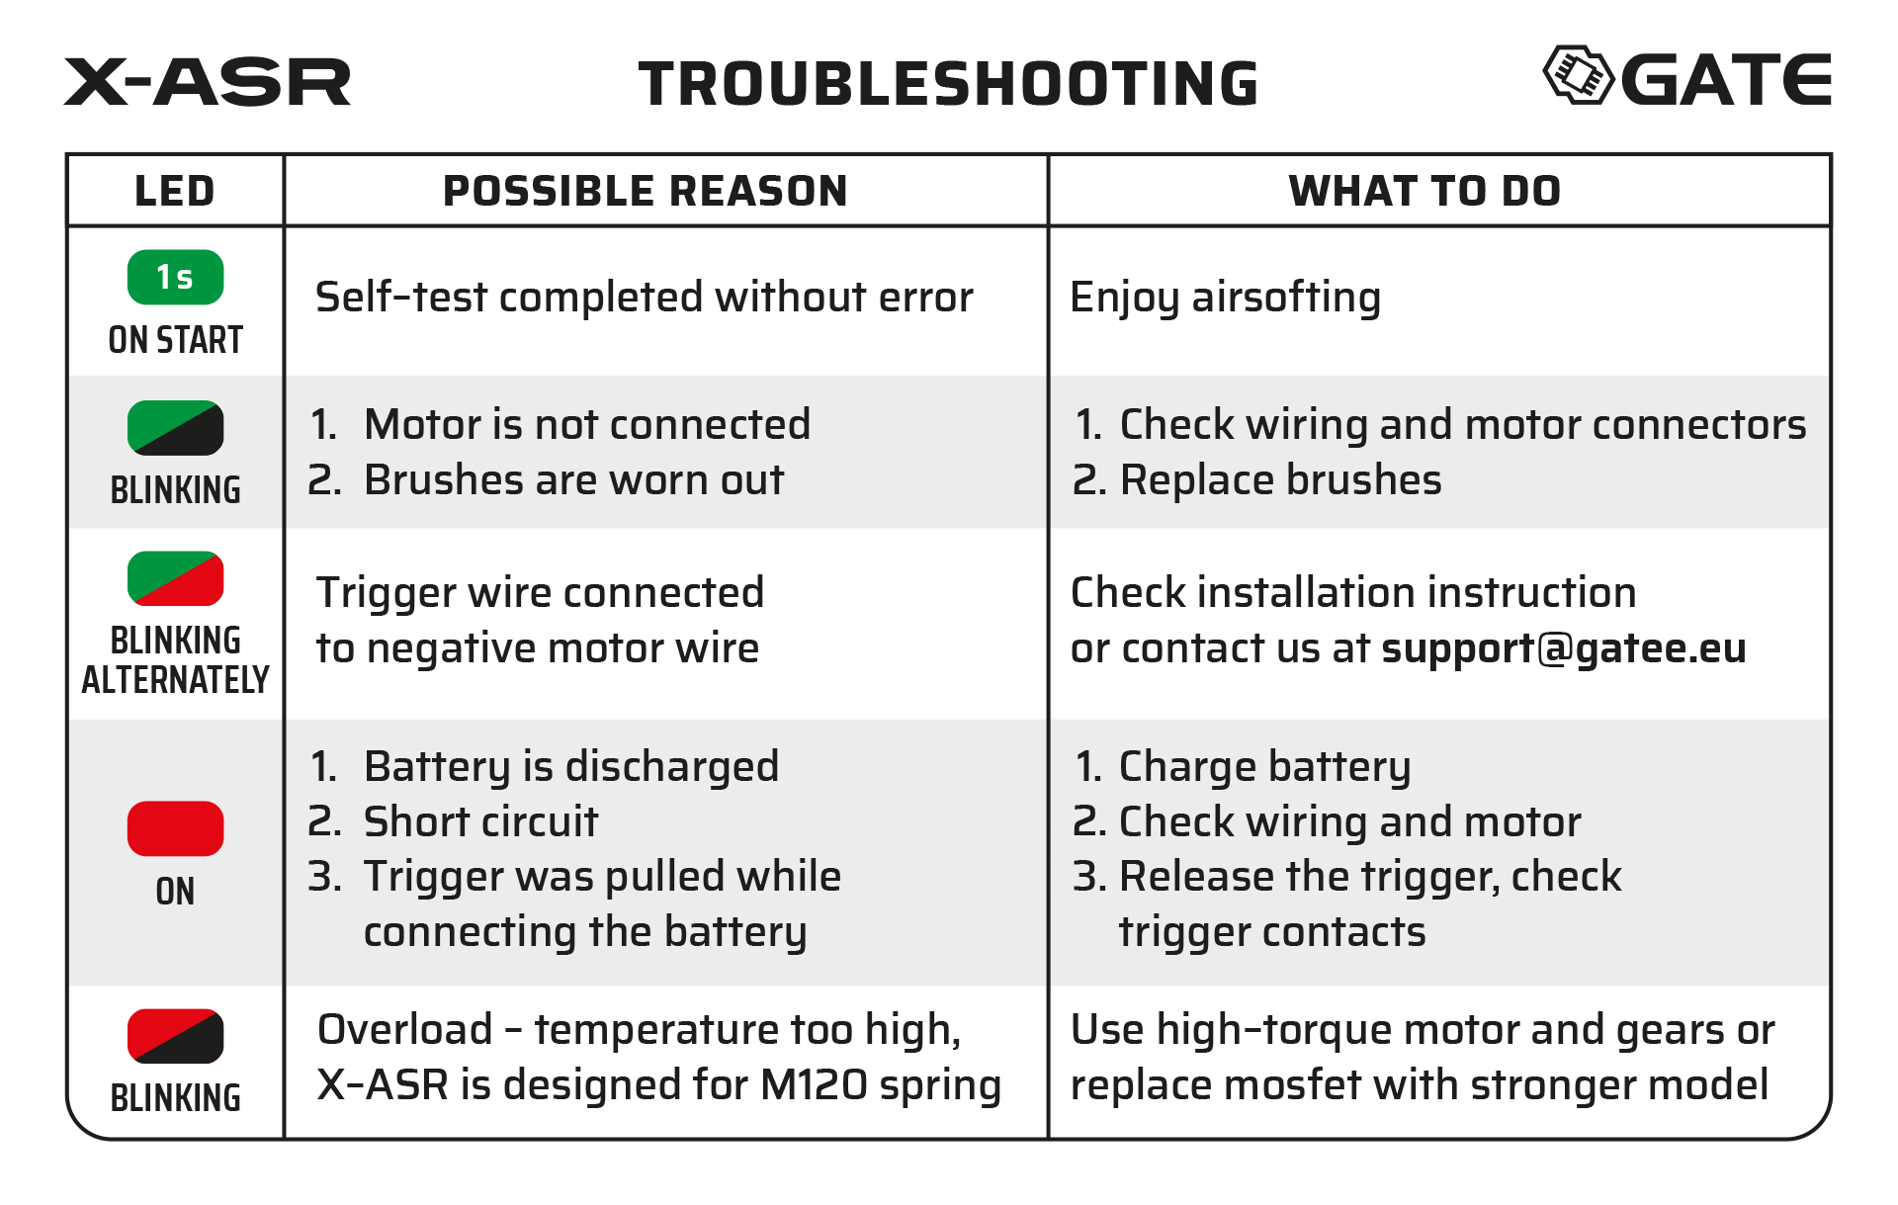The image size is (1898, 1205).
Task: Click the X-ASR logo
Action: (208, 82)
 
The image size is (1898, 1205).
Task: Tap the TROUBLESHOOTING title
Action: (948, 84)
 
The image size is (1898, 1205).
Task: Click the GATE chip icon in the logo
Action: (1578, 75)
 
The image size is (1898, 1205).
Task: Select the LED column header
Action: (175, 191)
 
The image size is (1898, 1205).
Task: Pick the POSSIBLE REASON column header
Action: (646, 191)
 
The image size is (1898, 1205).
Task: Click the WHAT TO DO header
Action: (1424, 191)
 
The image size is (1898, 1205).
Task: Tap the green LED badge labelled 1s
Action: (176, 278)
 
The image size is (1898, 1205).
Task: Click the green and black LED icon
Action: (176, 428)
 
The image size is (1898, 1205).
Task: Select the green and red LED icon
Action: (176, 578)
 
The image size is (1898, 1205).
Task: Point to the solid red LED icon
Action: (176, 828)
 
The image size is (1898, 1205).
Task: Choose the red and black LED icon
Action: (176, 1036)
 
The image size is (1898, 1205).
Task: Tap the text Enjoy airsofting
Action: (1225, 298)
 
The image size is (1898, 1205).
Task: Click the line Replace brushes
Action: (1280, 480)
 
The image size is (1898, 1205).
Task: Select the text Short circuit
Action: (480, 821)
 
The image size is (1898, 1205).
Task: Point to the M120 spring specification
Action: (880, 1085)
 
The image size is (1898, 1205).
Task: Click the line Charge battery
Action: (1264, 767)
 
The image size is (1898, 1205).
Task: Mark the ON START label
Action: (176, 340)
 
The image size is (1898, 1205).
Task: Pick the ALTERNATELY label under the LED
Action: (176, 680)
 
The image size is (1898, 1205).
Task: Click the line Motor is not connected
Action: (587, 425)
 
